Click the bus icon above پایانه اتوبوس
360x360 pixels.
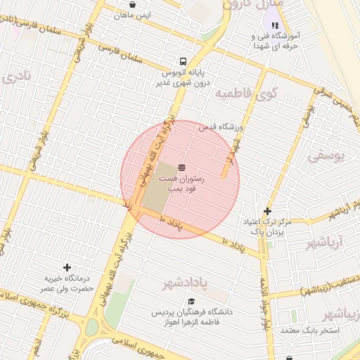183,60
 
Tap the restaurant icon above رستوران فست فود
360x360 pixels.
182,167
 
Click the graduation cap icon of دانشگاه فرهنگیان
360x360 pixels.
191,301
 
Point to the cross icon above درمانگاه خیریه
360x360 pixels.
67,267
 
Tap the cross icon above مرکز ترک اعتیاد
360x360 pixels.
267,211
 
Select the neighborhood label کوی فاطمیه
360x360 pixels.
246,92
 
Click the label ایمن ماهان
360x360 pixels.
131,14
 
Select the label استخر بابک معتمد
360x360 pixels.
309,330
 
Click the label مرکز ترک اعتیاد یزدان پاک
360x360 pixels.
266,226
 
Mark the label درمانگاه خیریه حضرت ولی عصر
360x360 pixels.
67,283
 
